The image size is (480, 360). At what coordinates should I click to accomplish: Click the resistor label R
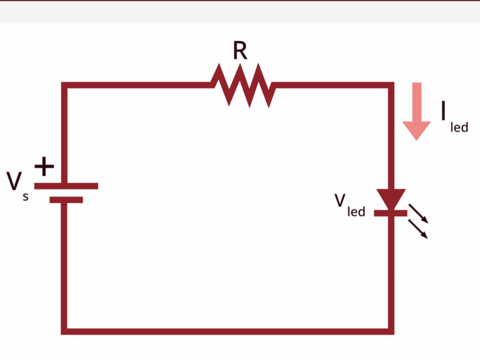240,50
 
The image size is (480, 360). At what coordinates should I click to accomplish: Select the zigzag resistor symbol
243,85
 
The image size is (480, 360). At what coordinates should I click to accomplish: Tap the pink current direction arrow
417,112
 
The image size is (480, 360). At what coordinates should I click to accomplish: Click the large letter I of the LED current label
443,110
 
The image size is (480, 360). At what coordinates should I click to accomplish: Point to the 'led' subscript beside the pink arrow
459,127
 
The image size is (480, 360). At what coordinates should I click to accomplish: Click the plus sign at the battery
44,166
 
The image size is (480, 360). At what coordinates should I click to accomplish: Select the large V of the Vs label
14,181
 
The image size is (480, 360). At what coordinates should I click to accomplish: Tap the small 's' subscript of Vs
25,197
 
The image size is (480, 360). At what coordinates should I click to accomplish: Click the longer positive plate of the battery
66,186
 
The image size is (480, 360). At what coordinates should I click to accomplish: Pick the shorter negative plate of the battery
66,200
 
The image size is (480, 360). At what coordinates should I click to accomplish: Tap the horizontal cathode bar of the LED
391,213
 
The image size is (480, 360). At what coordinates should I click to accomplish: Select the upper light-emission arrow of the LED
418,214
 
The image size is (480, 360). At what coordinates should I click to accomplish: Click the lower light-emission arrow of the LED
418,229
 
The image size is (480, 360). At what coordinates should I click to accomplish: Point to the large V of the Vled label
340,201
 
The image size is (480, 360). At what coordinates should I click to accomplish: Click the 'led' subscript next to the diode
357,211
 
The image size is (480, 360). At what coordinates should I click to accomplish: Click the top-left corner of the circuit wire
64,85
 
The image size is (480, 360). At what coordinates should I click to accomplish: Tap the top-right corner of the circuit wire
391,85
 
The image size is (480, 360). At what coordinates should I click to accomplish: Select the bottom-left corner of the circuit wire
64,332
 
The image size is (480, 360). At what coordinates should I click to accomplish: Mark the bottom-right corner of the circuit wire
391,332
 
